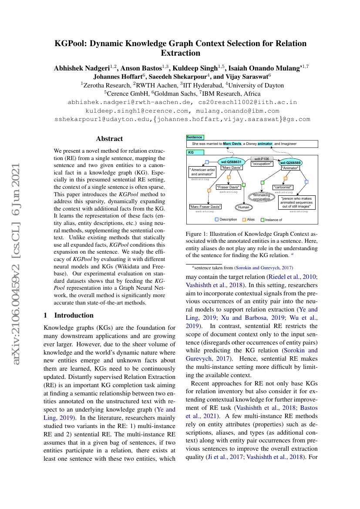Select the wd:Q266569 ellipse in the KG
coord(290,162)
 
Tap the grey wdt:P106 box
coord(262,159)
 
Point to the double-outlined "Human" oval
coord(243,207)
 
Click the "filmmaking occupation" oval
coord(262,197)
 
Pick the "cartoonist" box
coord(283,188)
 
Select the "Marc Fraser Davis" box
coord(205,207)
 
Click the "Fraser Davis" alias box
coord(229,187)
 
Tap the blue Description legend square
coord(217,220)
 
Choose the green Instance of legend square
coord(262,220)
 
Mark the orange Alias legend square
coord(244,220)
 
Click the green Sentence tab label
coord(195,137)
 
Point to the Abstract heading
coord(109,139)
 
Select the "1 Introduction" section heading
coord(69,315)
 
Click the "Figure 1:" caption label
coord(197,234)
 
